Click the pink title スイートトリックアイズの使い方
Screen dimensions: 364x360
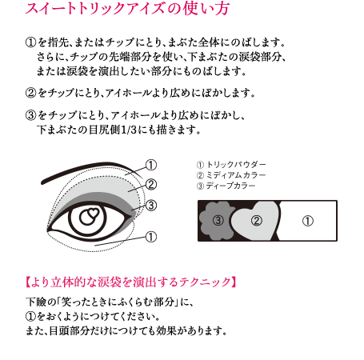[127, 8]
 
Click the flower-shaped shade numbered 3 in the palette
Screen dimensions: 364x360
[217, 220]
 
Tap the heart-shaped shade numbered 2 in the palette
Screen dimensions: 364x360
[255, 221]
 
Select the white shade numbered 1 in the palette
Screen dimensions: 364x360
[307, 221]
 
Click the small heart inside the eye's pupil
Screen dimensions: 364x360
[94, 213]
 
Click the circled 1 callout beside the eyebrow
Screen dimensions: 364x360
[151, 165]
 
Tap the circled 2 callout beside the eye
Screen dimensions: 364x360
[151, 184]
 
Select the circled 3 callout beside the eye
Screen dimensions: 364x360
[151, 206]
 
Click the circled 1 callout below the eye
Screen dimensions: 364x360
[151, 237]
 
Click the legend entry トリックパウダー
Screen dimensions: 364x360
[236, 165]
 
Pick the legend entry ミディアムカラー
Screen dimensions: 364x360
[236, 175]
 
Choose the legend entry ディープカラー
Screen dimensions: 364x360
[231, 186]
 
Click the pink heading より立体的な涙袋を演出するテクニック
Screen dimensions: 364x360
[130, 282]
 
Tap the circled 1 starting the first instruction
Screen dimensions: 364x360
[30, 42]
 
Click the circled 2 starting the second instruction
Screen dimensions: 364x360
[30, 93]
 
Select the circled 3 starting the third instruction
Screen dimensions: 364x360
[30, 115]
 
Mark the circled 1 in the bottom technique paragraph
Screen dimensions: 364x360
[30, 317]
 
